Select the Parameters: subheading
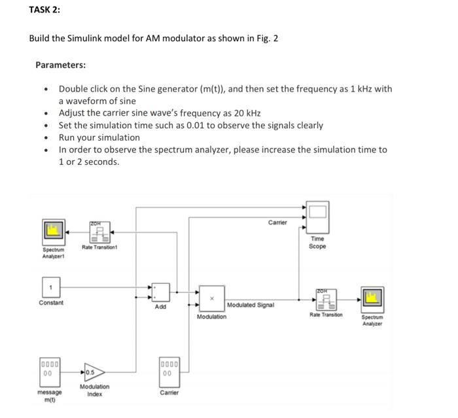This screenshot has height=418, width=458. (x=60, y=65)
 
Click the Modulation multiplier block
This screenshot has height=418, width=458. (x=211, y=299)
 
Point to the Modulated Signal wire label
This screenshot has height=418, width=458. (x=251, y=305)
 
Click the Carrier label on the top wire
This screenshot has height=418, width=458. (x=277, y=222)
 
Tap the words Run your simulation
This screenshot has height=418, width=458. (x=99, y=137)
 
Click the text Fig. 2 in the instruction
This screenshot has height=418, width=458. (x=266, y=38)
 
